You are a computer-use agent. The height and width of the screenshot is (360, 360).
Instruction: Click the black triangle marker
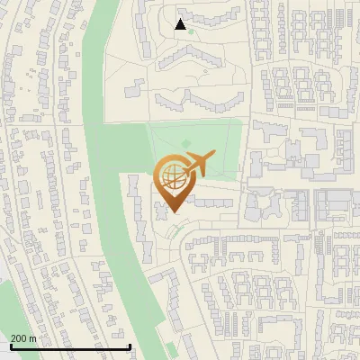click(x=181, y=24)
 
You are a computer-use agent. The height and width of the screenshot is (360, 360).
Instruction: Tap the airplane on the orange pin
click(x=197, y=165)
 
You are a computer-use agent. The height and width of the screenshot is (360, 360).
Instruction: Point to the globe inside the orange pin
click(x=172, y=177)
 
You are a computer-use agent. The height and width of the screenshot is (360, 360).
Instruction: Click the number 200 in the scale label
click(x=20, y=338)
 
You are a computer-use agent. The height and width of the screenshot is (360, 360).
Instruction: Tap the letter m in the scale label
click(x=34, y=338)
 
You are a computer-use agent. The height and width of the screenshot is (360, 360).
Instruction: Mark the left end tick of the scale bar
click(x=10, y=345)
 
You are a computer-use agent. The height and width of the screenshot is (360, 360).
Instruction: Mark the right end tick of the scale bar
click(x=130, y=345)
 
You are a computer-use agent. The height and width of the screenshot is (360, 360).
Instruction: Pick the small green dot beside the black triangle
click(x=191, y=31)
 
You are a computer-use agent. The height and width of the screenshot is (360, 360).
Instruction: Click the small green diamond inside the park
click(x=185, y=144)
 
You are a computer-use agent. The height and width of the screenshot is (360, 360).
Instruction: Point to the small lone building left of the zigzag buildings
click(x=133, y=88)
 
